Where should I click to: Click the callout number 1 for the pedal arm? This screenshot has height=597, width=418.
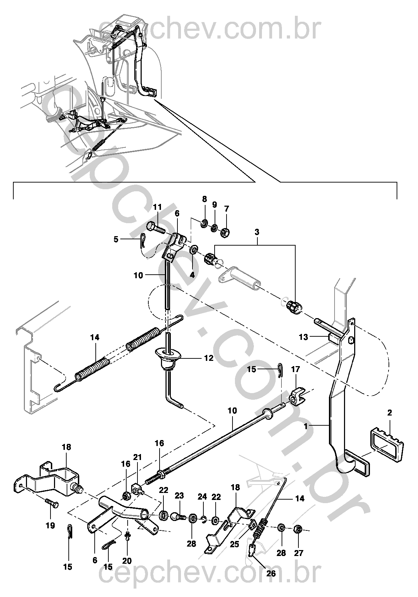(306, 426)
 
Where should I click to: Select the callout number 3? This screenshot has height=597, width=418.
(257, 232)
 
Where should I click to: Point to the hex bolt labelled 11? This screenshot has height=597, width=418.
(155, 227)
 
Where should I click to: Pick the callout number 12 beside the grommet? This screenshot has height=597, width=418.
(209, 358)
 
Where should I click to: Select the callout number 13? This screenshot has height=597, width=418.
(303, 337)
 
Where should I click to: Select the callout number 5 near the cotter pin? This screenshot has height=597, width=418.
(116, 239)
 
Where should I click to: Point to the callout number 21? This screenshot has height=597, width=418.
(138, 457)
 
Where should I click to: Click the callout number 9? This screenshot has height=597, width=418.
(215, 205)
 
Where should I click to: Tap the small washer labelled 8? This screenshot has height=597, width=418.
(204, 222)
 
